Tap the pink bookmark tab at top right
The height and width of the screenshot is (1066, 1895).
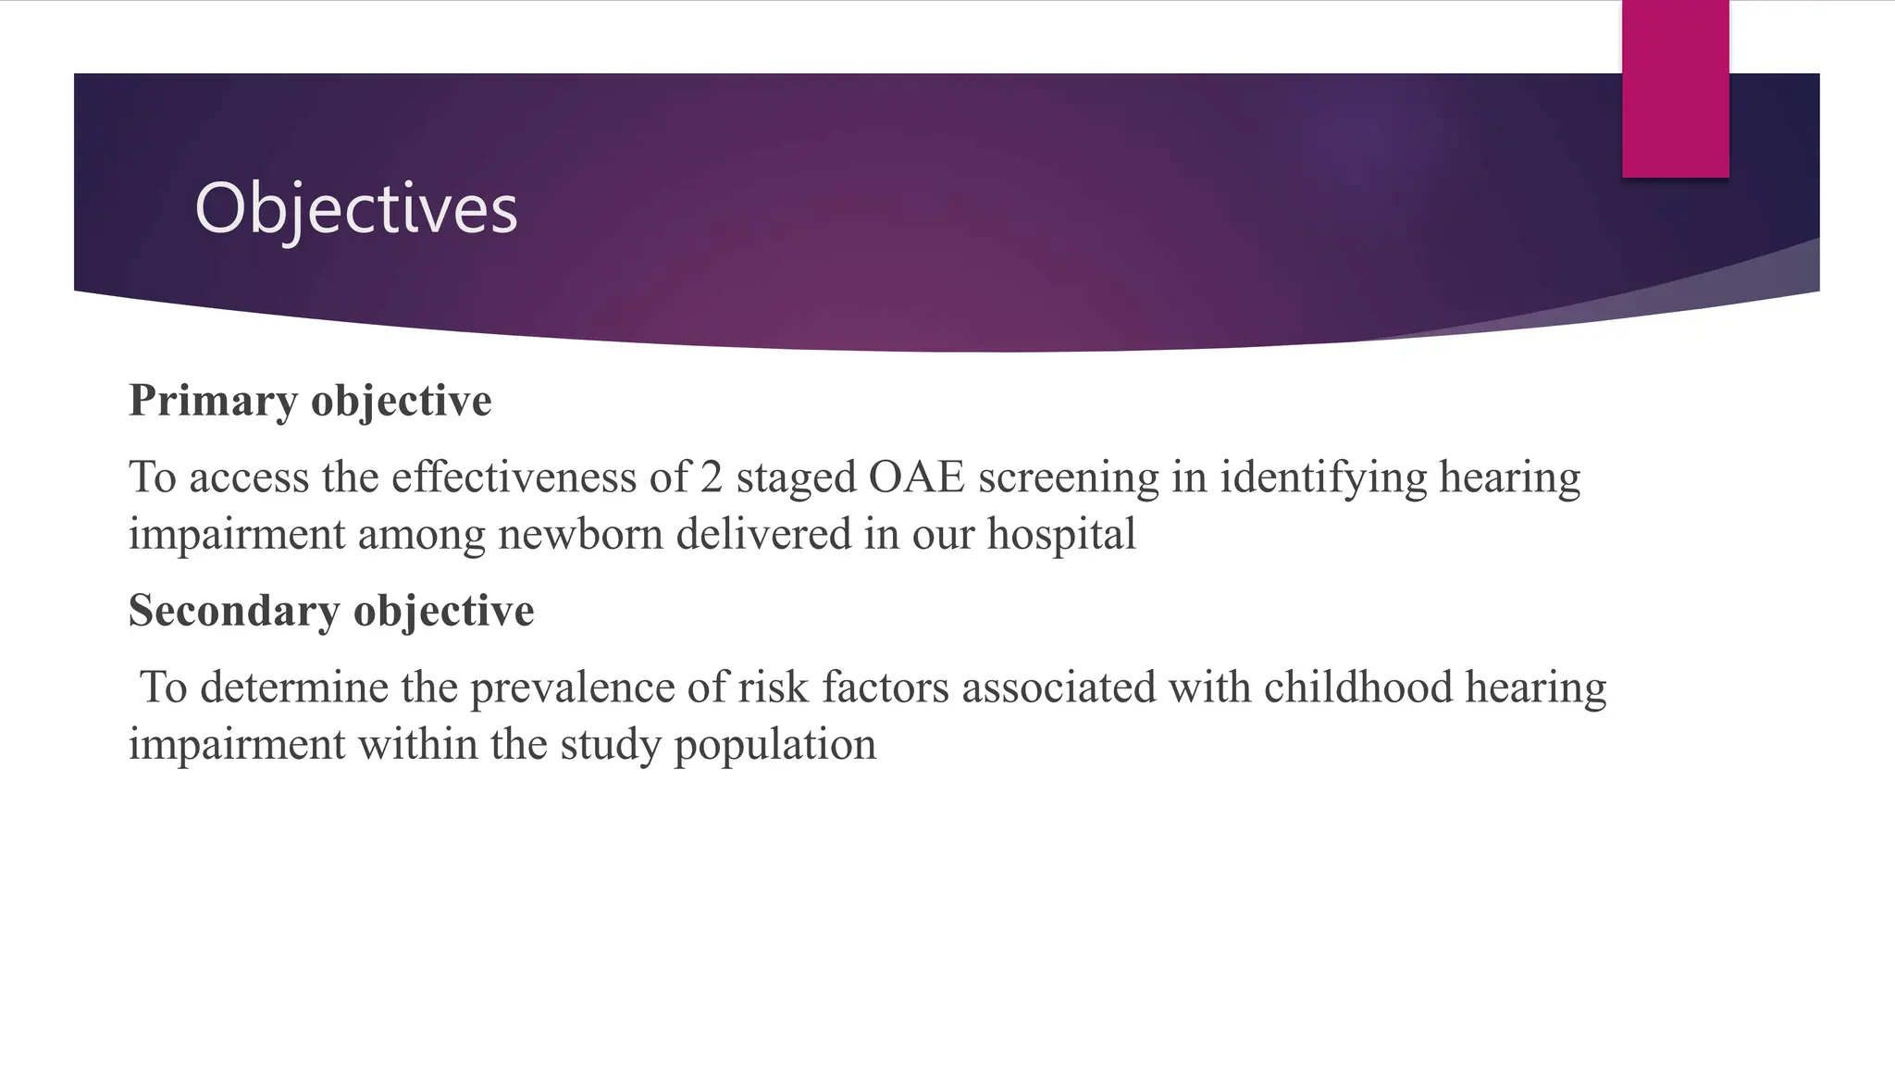[x=1675, y=89]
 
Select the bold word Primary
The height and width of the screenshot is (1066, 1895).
[x=213, y=401]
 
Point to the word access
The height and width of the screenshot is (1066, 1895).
[x=248, y=477]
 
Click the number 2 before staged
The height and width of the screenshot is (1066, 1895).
[x=711, y=477]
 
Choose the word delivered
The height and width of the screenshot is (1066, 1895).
[x=763, y=535]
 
